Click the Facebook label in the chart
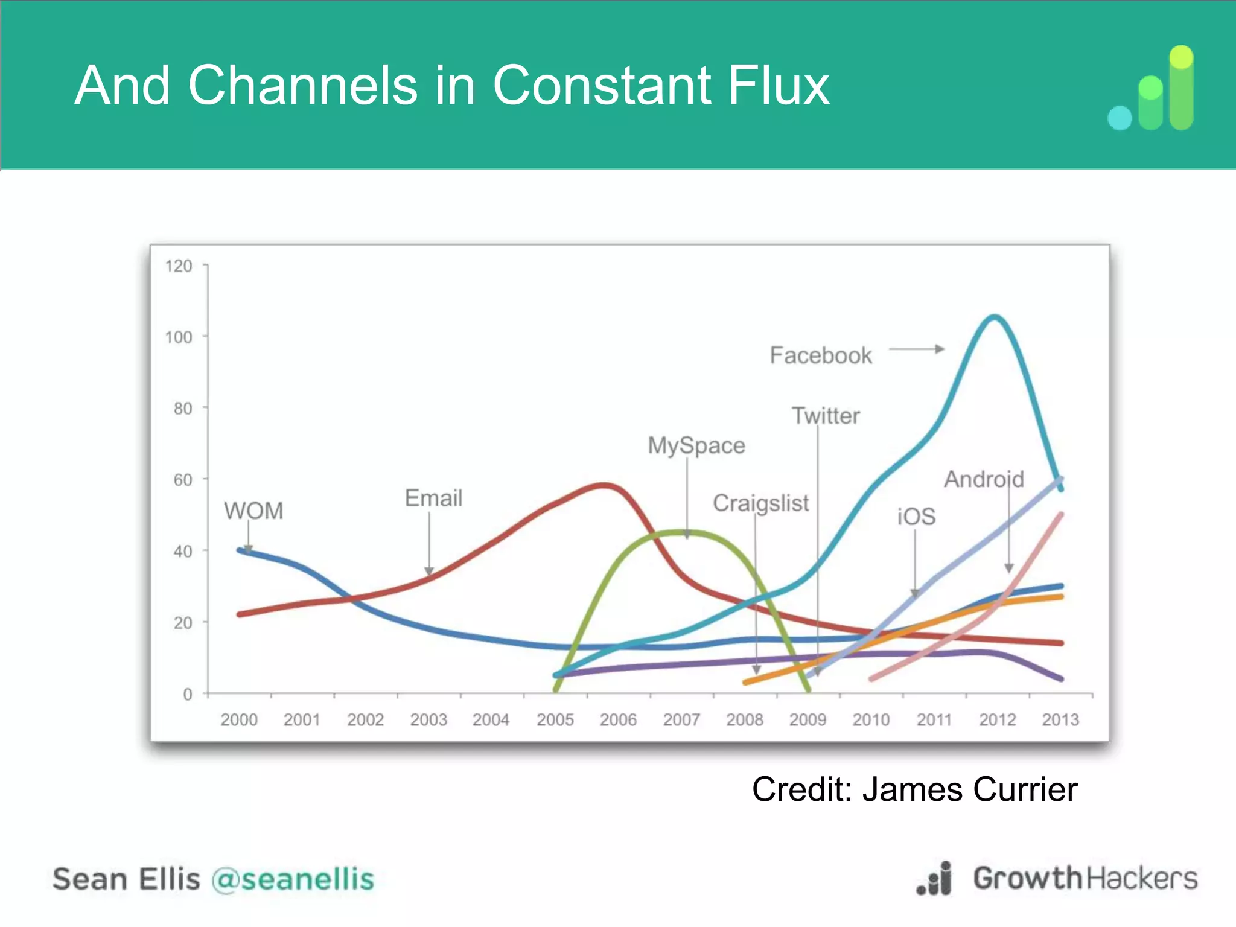pos(821,355)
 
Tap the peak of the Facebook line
pos(994,317)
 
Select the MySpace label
pos(696,445)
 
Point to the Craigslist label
pos(760,503)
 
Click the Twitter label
pos(826,416)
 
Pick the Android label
pos(984,479)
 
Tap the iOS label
pos(916,517)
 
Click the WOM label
pos(253,511)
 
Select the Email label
pos(433,499)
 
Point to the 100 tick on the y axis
pos(179,337)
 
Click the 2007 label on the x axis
pos(681,719)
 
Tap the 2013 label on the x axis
pos(1060,719)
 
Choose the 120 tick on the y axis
pos(179,266)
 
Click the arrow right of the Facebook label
pos(917,349)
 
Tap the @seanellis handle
pos(293,879)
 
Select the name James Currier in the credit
pos(970,789)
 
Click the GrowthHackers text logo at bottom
pos(1085,878)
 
